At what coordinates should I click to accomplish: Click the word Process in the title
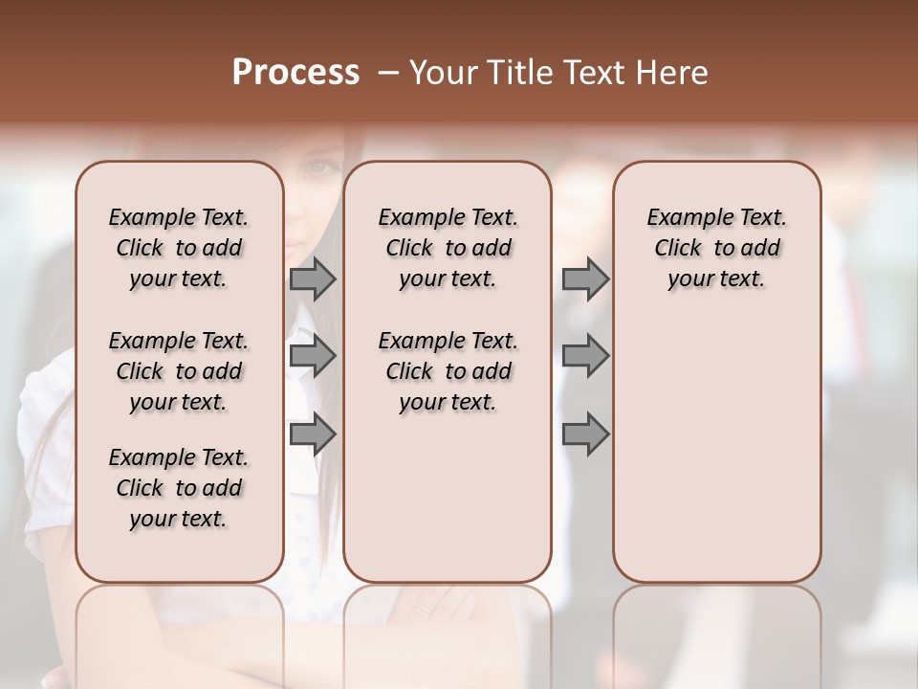tap(295, 73)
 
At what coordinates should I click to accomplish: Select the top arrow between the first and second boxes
tap(313, 279)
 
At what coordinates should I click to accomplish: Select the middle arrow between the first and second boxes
tap(313, 357)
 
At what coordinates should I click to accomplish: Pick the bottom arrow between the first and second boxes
tap(313, 434)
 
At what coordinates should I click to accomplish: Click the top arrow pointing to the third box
tap(585, 279)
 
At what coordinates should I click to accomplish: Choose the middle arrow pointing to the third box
tap(585, 357)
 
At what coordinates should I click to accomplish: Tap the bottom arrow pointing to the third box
tap(585, 434)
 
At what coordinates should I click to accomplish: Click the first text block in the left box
tap(179, 248)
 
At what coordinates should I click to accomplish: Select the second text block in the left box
tap(179, 371)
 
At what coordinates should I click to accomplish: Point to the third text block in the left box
tap(179, 488)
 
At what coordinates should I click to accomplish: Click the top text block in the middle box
tap(448, 248)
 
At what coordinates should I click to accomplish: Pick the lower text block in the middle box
tap(448, 371)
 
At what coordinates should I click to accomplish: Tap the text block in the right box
tap(716, 248)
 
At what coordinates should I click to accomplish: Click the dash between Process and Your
tap(388, 73)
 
